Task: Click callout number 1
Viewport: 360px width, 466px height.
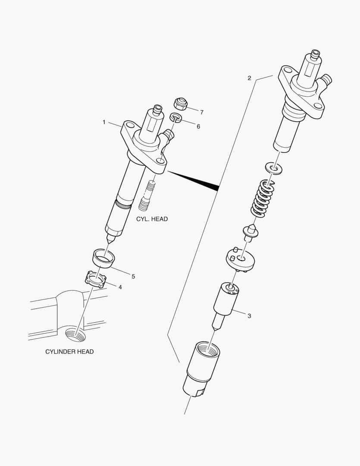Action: (104, 123)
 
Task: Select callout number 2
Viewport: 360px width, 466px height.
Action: (249, 78)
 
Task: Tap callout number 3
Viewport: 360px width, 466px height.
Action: (249, 316)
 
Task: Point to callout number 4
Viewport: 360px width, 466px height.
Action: (120, 287)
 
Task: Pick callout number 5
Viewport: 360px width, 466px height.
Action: (133, 276)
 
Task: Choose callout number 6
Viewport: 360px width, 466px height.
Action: (198, 126)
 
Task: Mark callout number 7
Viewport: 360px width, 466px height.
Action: (201, 112)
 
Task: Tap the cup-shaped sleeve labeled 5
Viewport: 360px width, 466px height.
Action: (104, 258)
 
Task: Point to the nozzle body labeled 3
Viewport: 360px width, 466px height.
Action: (225, 300)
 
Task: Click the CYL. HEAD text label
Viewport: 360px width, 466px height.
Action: (152, 219)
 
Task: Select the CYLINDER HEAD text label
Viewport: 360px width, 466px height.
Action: (69, 352)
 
